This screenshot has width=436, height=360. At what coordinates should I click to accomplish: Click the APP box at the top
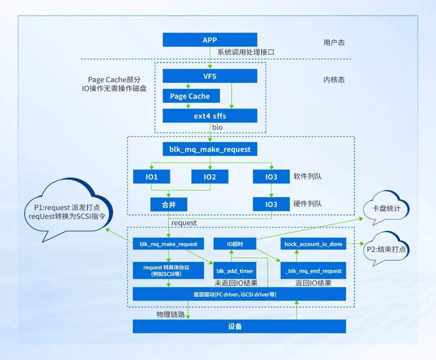(x=210, y=40)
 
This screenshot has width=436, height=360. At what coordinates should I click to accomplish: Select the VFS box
(x=210, y=76)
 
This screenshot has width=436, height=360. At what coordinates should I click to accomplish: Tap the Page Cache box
(x=190, y=96)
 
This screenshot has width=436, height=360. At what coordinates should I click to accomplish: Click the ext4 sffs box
(x=210, y=116)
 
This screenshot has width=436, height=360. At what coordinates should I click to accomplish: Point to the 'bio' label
(x=218, y=128)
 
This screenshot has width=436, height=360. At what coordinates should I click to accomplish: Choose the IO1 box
(x=151, y=177)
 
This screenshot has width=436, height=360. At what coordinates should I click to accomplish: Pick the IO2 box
(x=210, y=177)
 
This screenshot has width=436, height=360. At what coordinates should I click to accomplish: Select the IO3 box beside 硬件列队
(x=271, y=204)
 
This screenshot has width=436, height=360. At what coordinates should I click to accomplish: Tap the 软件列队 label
(x=308, y=176)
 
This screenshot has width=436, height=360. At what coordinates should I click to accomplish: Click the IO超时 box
(x=235, y=244)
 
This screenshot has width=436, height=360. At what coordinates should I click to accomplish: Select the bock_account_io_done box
(x=313, y=244)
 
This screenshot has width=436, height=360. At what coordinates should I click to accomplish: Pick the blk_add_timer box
(x=235, y=271)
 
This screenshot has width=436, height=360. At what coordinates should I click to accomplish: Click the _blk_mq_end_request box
(x=313, y=271)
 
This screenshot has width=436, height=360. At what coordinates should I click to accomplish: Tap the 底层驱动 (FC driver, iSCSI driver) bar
(x=239, y=294)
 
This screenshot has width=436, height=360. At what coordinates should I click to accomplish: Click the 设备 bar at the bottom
(x=239, y=326)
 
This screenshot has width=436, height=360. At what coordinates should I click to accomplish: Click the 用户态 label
(x=334, y=42)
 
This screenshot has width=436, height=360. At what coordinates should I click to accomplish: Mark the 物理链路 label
(x=170, y=314)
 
